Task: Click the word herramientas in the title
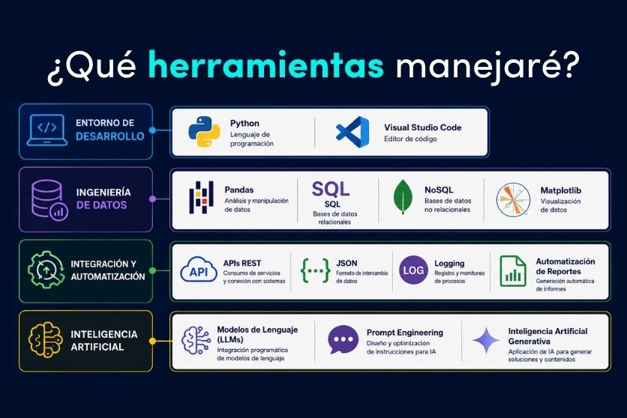[x=266, y=65]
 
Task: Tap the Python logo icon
[x=204, y=131]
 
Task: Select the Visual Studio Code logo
[x=352, y=132]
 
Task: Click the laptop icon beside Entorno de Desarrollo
[x=47, y=130]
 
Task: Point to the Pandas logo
[x=201, y=197]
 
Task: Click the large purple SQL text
[x=331, y=189]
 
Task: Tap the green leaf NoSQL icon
[x=403, y=197]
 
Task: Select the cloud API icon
[x=199, y=270]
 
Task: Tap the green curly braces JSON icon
[x=315, y=270]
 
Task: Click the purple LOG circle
[x=413, y=270]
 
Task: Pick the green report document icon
[x=513, y=271]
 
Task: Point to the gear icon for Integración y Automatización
[x=46, y=269]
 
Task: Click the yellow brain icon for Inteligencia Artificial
[x=46, y=340]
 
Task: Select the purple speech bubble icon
[x=343, y=340]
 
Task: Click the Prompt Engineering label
[x=405, y=332]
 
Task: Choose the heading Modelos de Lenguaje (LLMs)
[x=257, y=335]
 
